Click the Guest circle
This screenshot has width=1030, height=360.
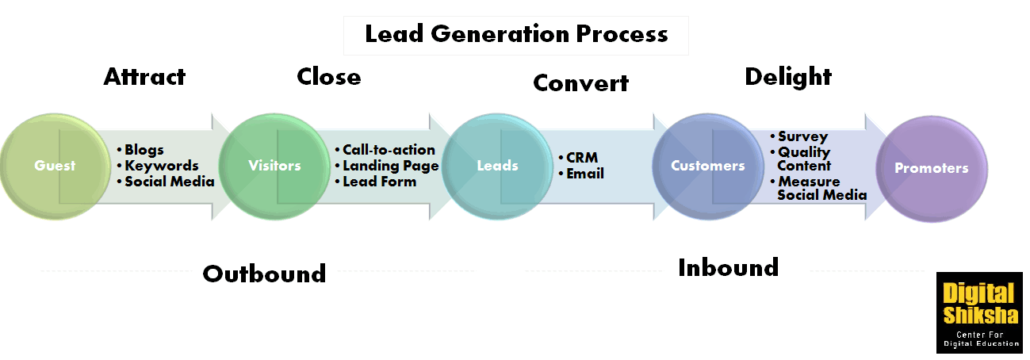(56, 167)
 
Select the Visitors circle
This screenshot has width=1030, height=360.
(274, 167)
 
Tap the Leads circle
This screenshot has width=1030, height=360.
(497, 167)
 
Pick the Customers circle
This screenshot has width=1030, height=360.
(708, 167)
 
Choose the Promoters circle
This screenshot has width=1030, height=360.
(932, 169)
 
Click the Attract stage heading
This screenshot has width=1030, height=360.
(144, 76)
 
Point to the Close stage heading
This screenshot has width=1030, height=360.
(329, 76)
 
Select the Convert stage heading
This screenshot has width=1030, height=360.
(580, 83)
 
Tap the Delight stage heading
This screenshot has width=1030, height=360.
(788, 77)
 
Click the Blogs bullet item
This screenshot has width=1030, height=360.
(140, 150)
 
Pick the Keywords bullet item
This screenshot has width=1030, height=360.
(158, 166)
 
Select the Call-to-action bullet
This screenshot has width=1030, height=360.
(385, 150)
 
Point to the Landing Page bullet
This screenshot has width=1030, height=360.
(387, 166)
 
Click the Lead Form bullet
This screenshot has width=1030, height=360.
(376, 182)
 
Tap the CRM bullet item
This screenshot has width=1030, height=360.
(579, 158)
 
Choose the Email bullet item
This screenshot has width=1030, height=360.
(581, 174)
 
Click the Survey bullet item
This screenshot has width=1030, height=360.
(799, 136)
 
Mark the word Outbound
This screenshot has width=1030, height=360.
(264, 274)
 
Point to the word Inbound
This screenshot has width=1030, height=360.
(729, 267)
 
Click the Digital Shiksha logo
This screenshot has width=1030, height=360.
(980, 312)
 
